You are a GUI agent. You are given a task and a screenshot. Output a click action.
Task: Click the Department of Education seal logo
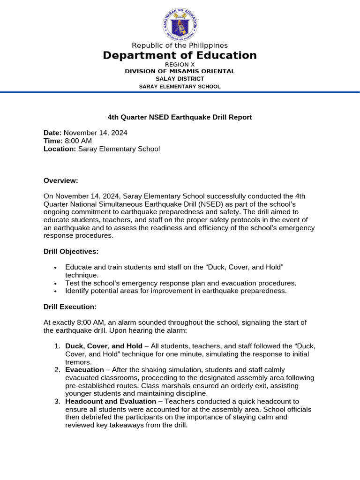(x=180, y=24)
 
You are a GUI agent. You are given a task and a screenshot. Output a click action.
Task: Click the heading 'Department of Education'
(x=180, y=55)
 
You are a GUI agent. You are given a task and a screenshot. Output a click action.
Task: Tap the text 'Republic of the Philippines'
(x=180, y=45)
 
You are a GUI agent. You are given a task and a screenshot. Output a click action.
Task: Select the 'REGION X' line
(x=180, y=64)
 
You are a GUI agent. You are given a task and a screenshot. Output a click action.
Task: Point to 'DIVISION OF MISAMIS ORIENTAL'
(x=180, y=71)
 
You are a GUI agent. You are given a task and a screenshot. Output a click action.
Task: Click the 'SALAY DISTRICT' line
(x=180, y=79)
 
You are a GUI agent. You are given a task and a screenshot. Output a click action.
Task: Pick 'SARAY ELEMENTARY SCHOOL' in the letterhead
(x=180, y=87)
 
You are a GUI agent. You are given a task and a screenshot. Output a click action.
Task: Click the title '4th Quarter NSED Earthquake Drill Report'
(x=180, y=117)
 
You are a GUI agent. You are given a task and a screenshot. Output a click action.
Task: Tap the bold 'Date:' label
(x=52, y=133)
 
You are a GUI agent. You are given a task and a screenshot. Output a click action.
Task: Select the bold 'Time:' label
(x=53, y=141)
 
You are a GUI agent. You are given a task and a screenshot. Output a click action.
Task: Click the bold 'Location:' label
(x=60, y=149)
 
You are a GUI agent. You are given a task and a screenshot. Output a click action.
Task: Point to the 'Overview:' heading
(x=61, y=181)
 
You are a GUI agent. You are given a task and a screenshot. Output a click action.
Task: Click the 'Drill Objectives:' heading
(x=71, y=252)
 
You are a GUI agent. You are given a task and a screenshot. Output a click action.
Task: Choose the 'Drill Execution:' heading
(x=70, y=307)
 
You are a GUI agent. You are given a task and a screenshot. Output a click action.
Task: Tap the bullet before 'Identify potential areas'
(x=56, y=291)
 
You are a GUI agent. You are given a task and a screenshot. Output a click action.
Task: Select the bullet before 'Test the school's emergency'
(x=56, y=284)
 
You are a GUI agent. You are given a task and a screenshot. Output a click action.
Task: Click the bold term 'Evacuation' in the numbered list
(x=84, y=370)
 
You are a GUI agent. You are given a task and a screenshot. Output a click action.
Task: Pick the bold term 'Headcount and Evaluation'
(x=111, y=402)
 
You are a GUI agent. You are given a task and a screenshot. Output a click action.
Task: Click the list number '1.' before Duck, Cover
(x=57, y=346)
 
